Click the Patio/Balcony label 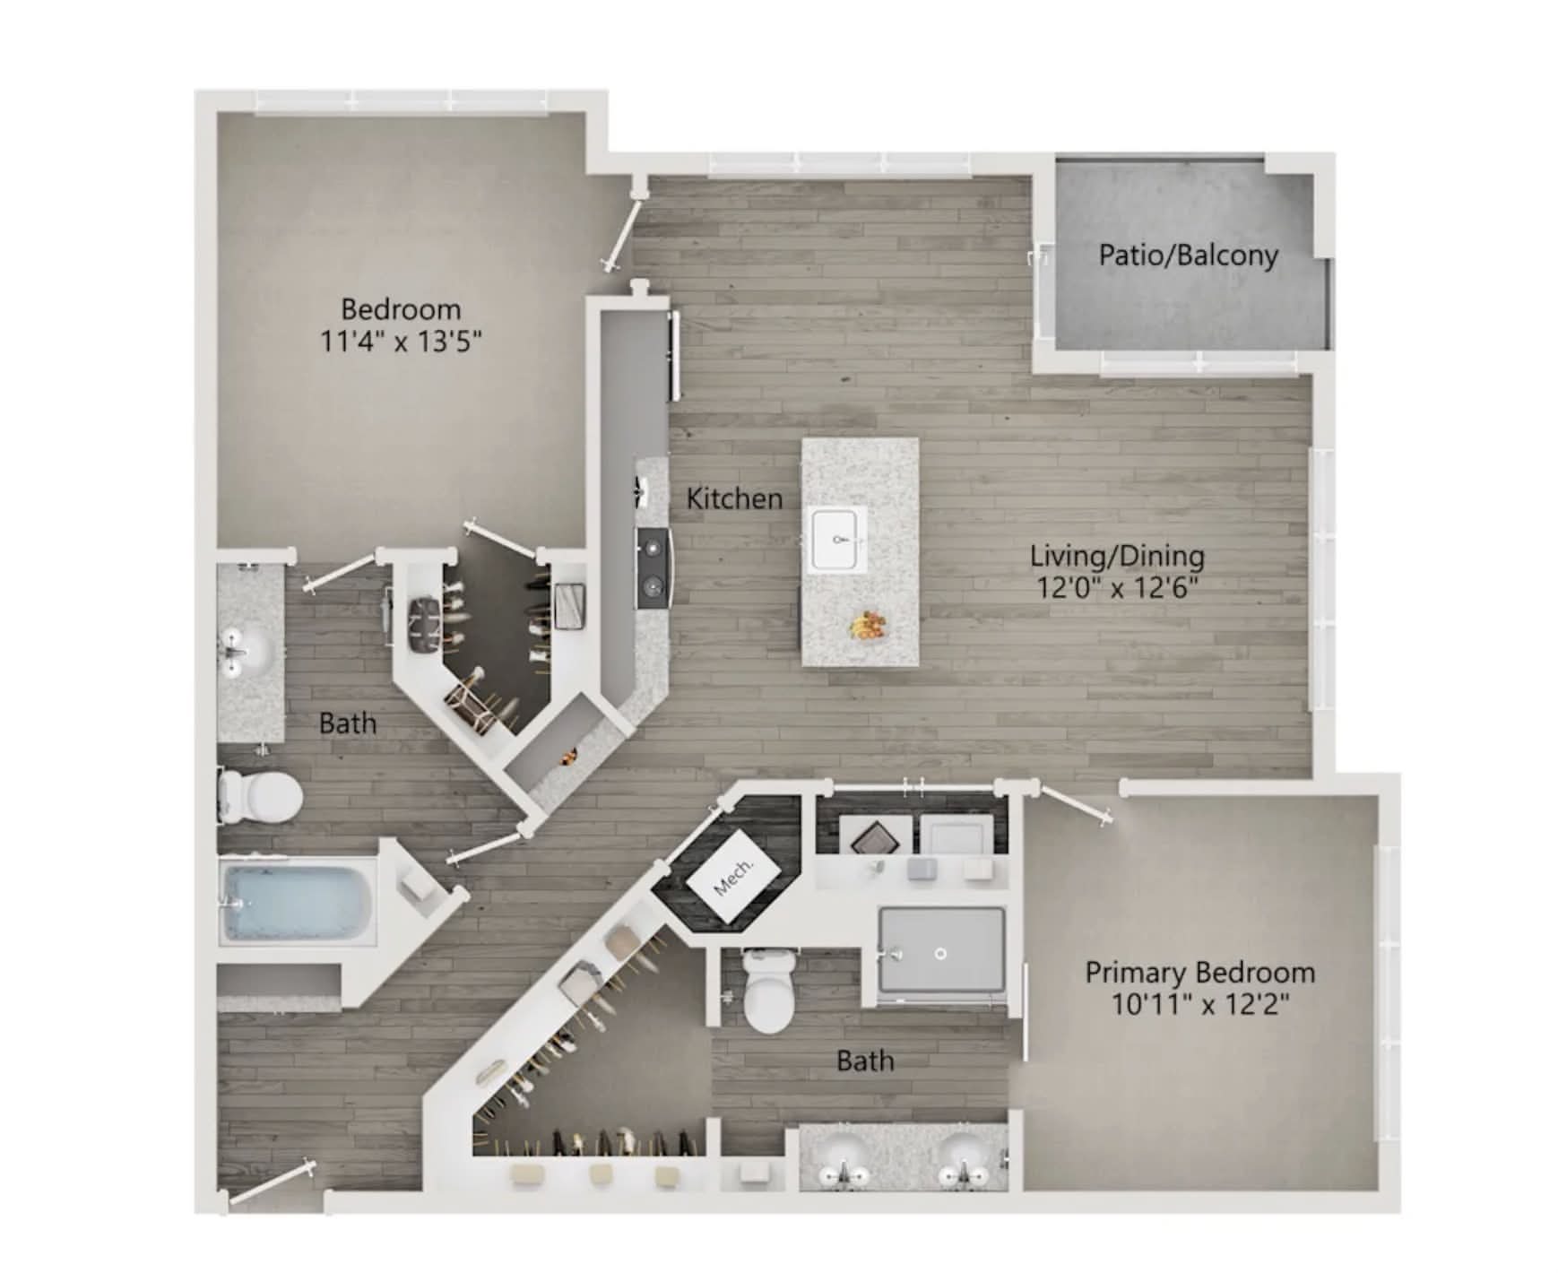(1188, 255)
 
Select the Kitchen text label (734, 498)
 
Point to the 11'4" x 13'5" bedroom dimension (402, 341)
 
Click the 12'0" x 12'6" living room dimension (1117, 588)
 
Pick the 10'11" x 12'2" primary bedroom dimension (1200, 1004)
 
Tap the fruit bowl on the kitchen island (869, 625)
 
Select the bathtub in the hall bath (299, 901)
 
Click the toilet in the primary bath (769, 991)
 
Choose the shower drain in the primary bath (940, 954)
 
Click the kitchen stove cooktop (653, 567)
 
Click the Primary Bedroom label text (1200, 972)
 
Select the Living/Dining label (1117, 556)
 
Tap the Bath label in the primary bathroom (865, 1061)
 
